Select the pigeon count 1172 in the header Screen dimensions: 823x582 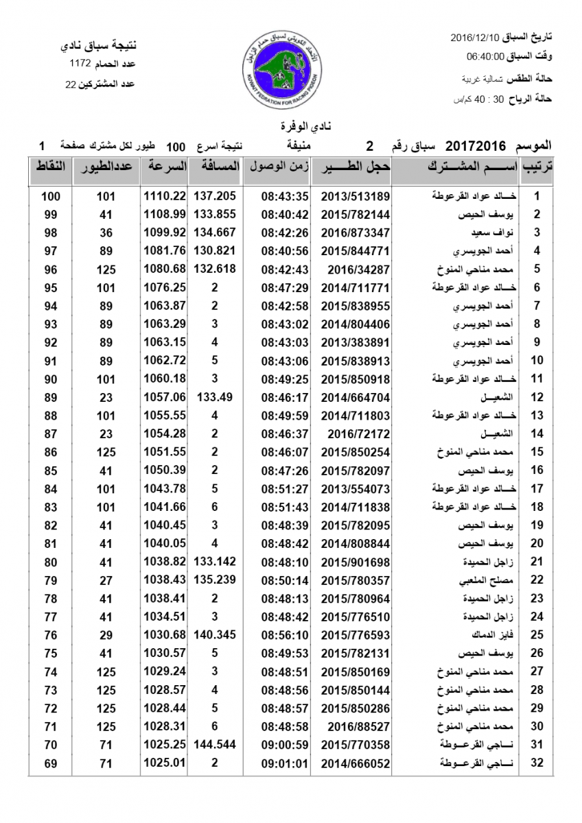click(x=80, y=64)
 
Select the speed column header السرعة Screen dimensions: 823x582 click(x=165, y=167)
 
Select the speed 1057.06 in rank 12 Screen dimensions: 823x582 click(x=165, y=396)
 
